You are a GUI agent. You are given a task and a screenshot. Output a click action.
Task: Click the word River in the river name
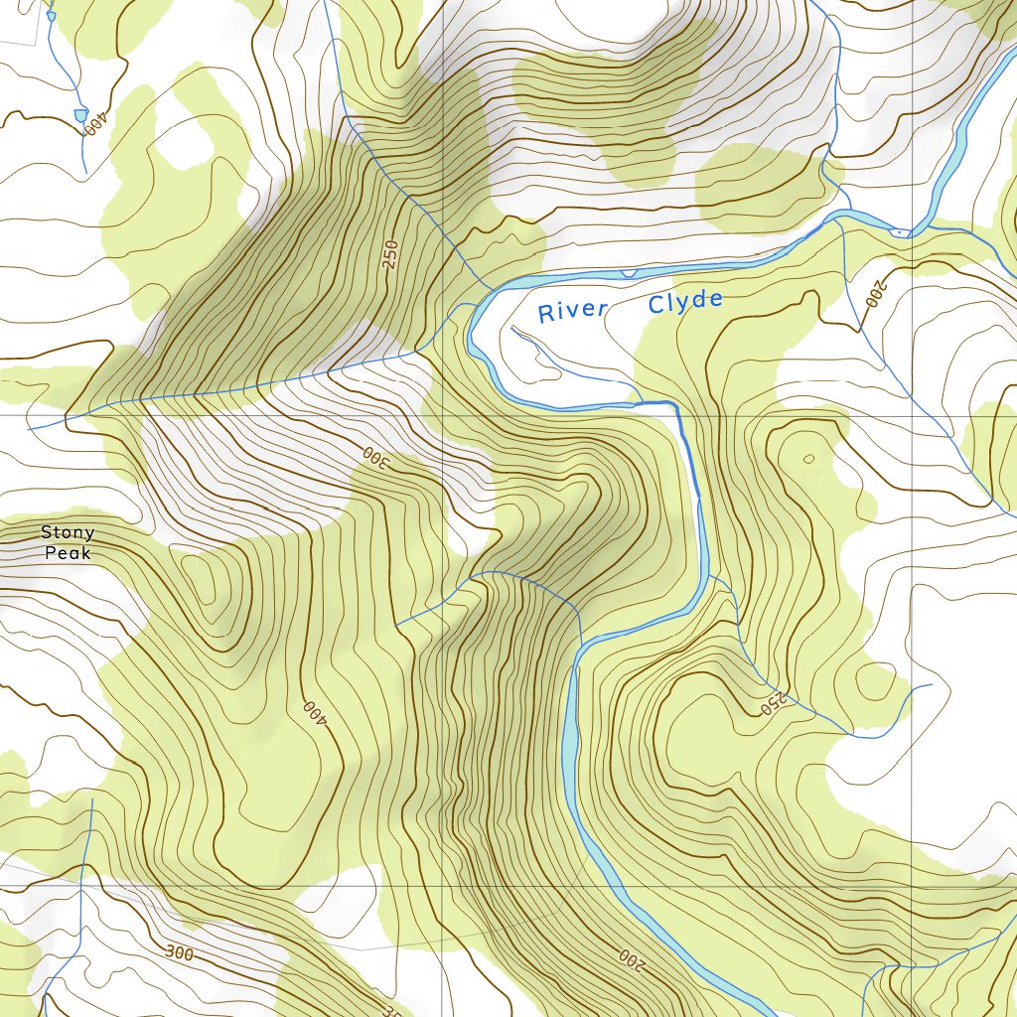572,311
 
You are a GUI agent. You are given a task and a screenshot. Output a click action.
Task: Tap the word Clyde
685,302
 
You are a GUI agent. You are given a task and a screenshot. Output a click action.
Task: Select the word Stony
68,533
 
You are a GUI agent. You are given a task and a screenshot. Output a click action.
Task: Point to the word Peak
68,552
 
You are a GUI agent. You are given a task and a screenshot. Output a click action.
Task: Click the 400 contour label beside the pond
94,126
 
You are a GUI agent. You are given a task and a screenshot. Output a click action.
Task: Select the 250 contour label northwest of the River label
389,254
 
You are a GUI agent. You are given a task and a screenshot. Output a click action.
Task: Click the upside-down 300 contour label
371,457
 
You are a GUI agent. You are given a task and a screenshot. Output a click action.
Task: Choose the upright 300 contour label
180,953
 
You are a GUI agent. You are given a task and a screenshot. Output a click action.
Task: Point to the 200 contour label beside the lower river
632,959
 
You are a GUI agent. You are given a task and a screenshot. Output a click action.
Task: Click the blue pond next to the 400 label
79,115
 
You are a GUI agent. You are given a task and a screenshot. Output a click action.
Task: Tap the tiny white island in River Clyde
899,232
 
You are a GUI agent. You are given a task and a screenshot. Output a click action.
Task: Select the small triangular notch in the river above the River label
627,272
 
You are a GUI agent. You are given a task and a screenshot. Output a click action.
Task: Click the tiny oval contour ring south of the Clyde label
808,458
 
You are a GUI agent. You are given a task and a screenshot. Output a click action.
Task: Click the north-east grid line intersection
913,415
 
